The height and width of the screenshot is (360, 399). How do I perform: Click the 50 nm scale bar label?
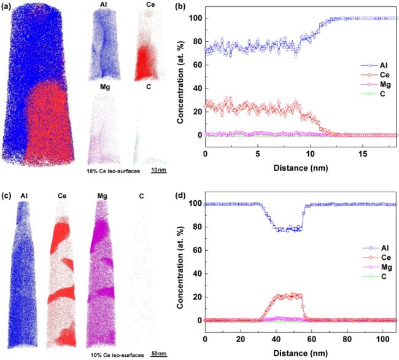[x=161, y=354]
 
